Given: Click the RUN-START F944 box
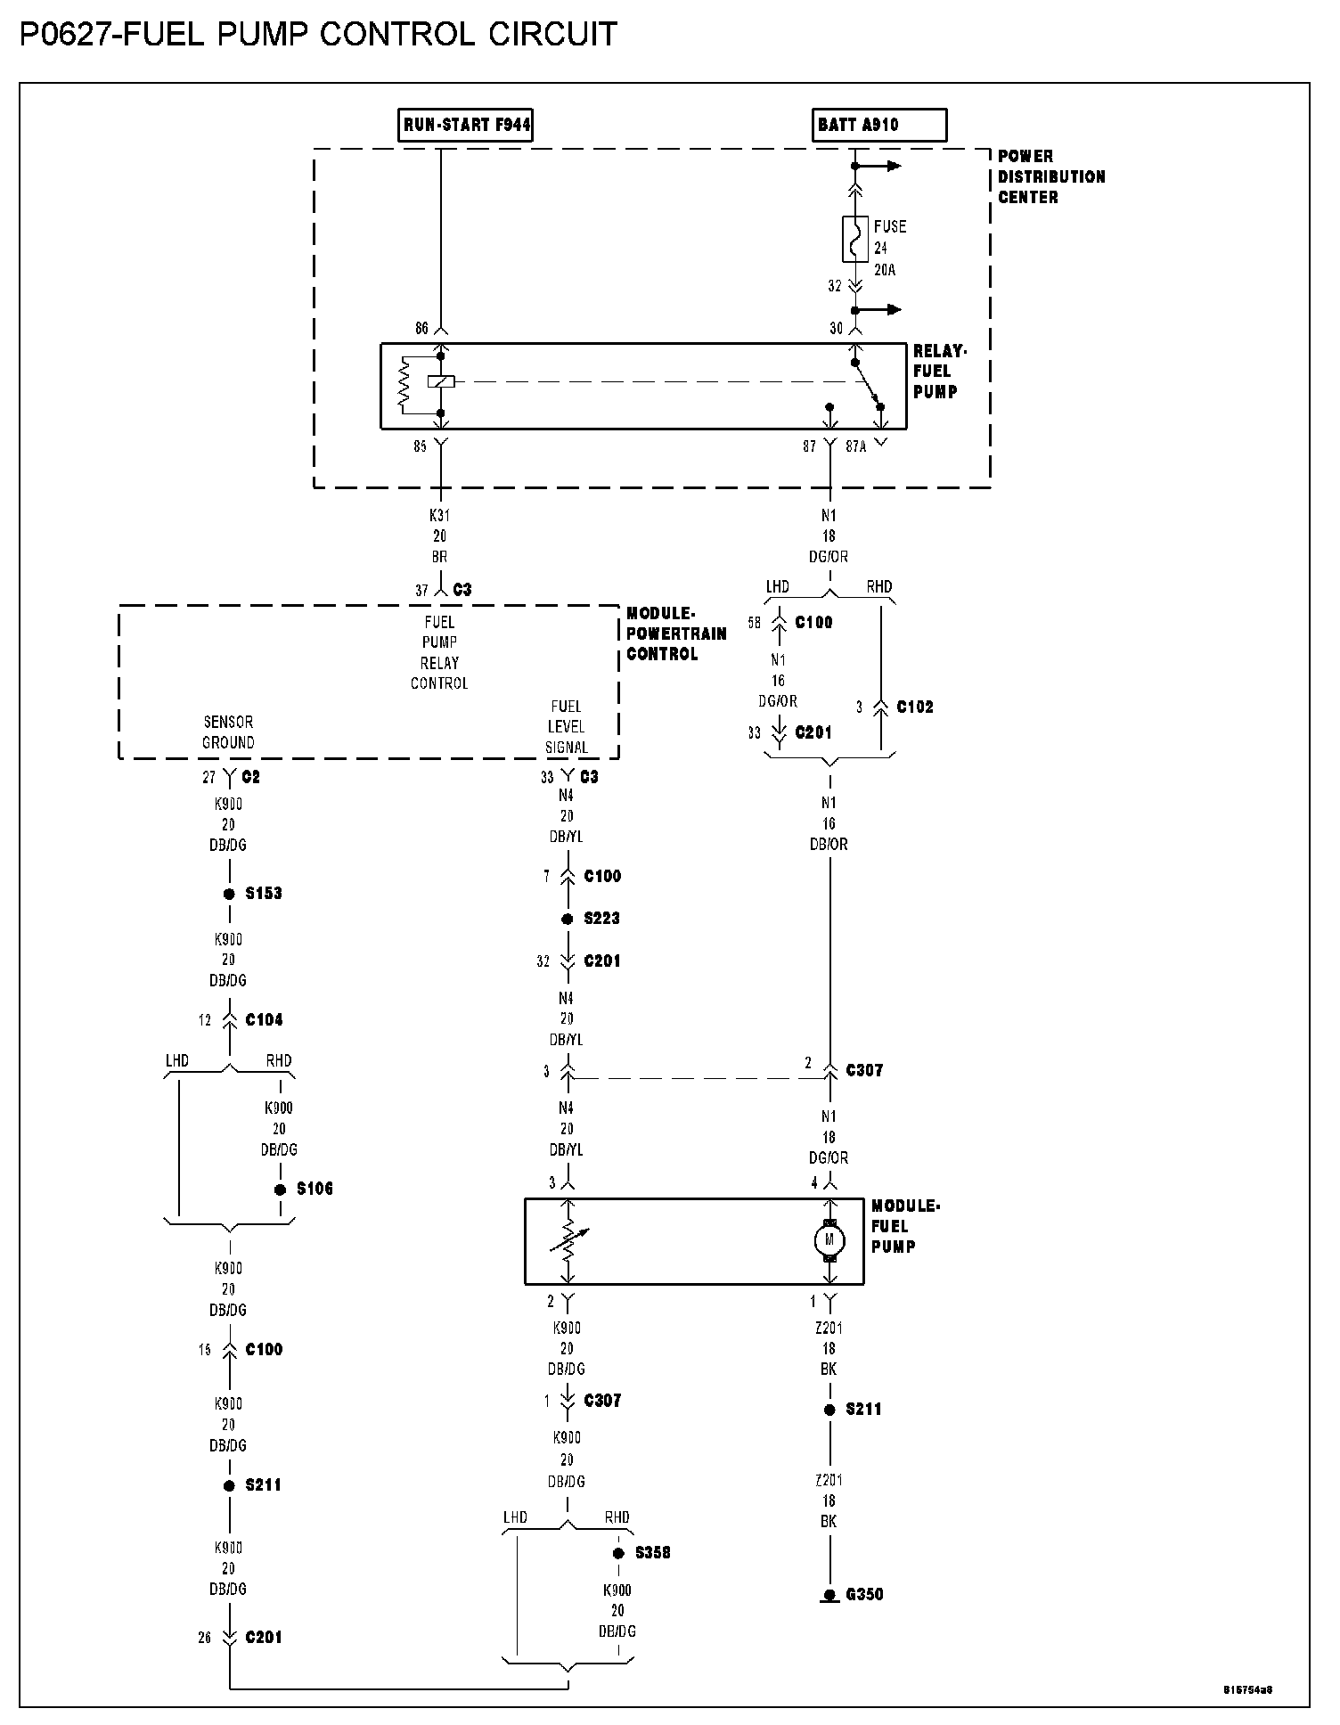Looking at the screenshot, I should point(466,125).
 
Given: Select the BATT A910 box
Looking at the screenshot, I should point(879,125).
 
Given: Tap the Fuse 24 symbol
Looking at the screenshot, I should point(854,239).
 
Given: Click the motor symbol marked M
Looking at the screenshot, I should point(830,1239).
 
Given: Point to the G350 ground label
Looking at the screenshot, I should point(864,1594).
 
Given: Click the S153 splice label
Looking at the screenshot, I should point(264,893).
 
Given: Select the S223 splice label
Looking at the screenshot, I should point(601,919).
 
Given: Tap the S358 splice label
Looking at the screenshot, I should point(652,1553).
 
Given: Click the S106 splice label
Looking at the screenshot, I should point(315,1189).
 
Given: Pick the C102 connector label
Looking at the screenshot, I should point(914,707).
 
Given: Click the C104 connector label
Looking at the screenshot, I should point(264,1019).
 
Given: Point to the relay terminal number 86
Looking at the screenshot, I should point(421,329).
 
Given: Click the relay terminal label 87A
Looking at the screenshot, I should point(855,446).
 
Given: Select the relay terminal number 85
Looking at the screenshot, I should point(420,446).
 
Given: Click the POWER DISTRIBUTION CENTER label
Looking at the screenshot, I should point(1050,176).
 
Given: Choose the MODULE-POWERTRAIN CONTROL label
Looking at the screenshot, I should point(675,634).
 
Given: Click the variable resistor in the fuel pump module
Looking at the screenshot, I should point(567,1239).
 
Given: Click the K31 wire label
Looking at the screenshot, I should point(439,516).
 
